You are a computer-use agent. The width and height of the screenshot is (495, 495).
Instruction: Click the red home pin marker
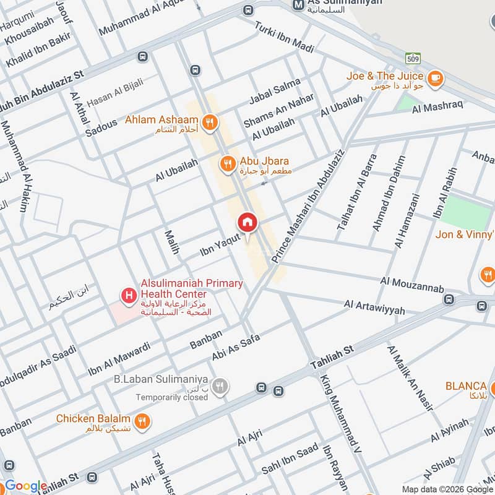tap(247, 223)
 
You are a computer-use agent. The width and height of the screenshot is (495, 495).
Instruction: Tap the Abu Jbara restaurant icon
tap(228, 163)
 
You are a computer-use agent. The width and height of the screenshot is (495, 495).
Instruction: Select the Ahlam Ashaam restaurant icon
tap(210, 122)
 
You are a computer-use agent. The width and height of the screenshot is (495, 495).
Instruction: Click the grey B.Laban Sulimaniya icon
tap(218, 387)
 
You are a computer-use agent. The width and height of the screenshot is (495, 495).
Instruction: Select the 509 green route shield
tap(413, 58)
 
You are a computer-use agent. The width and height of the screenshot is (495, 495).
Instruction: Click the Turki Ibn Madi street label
tap(285, 38)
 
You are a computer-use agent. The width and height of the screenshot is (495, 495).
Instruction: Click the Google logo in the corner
tap(25, 486)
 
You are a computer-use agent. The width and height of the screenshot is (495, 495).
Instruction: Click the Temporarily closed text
tap(172, 397)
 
